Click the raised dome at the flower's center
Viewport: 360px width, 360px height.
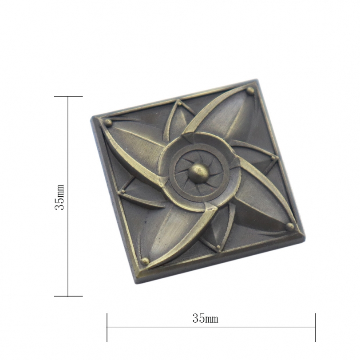199,173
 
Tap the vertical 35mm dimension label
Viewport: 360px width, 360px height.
59,197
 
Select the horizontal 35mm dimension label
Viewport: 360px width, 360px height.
205,318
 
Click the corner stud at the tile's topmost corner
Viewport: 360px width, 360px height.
250,91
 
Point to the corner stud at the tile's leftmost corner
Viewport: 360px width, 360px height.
108,123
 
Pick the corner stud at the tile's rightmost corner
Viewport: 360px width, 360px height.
290,226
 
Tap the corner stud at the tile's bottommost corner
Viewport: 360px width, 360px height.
145,261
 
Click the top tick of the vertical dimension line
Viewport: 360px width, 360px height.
68,96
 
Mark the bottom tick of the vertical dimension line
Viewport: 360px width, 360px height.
68,296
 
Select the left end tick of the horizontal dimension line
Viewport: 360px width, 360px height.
107,327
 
